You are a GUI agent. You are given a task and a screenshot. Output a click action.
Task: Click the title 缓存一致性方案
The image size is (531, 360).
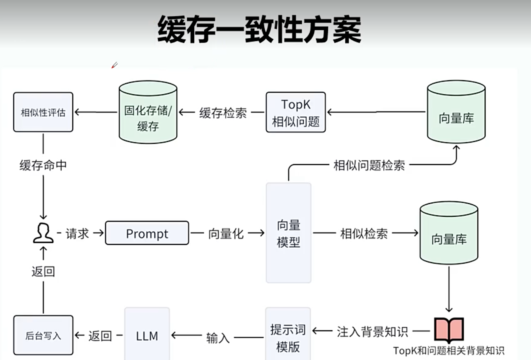pos(260,29)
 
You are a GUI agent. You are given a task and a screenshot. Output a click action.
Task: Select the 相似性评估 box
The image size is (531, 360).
pos(43,112)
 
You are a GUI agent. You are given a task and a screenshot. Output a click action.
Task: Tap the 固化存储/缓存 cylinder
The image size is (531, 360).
pos(148,112)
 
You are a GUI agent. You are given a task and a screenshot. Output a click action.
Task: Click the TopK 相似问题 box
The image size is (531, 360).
pos(296,112)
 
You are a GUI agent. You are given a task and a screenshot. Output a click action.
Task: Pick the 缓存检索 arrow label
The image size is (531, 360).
pos(223,113)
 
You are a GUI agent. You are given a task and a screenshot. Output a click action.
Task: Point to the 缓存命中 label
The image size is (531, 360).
pos(43,165)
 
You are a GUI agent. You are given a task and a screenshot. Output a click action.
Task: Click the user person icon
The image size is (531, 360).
pos(43,233)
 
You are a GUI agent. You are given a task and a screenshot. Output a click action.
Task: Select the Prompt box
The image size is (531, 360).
pos(147,233)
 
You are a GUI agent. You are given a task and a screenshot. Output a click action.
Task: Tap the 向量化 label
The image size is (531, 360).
pos(226,234)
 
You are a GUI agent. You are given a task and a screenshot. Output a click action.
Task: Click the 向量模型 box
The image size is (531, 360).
pos(289,233)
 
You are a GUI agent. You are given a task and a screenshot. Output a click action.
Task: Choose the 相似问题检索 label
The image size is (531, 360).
pos(369,165)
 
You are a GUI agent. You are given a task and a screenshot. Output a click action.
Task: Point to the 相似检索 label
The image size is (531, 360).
pos(364,234)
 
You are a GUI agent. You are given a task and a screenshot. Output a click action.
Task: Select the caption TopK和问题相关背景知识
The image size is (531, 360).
pos(449,351)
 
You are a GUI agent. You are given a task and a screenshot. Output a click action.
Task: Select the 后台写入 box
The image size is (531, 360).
pos(43,335)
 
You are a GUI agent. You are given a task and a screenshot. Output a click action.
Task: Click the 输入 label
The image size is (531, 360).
pos(218,338)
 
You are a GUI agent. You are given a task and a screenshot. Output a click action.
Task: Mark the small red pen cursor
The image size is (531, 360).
pos(115,65)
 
